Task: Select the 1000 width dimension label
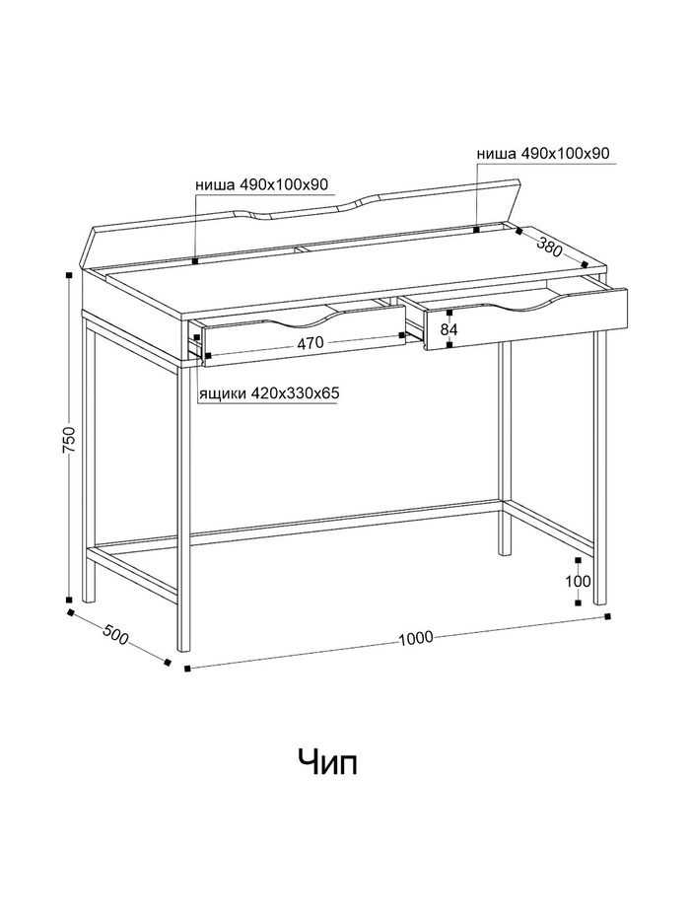coord(416,638)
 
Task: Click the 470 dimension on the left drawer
coord(310,344)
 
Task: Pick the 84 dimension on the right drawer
coord(448,329)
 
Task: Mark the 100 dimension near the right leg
coord(578,581)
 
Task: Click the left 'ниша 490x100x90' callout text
coord(261,184)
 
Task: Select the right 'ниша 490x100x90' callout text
coord(543,154)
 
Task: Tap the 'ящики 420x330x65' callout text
coord(269,392)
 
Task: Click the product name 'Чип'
coord(328,761)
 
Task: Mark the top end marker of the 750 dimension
coord(69,275)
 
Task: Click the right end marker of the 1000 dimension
coord(605,617)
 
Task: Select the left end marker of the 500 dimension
coord(70,612)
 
